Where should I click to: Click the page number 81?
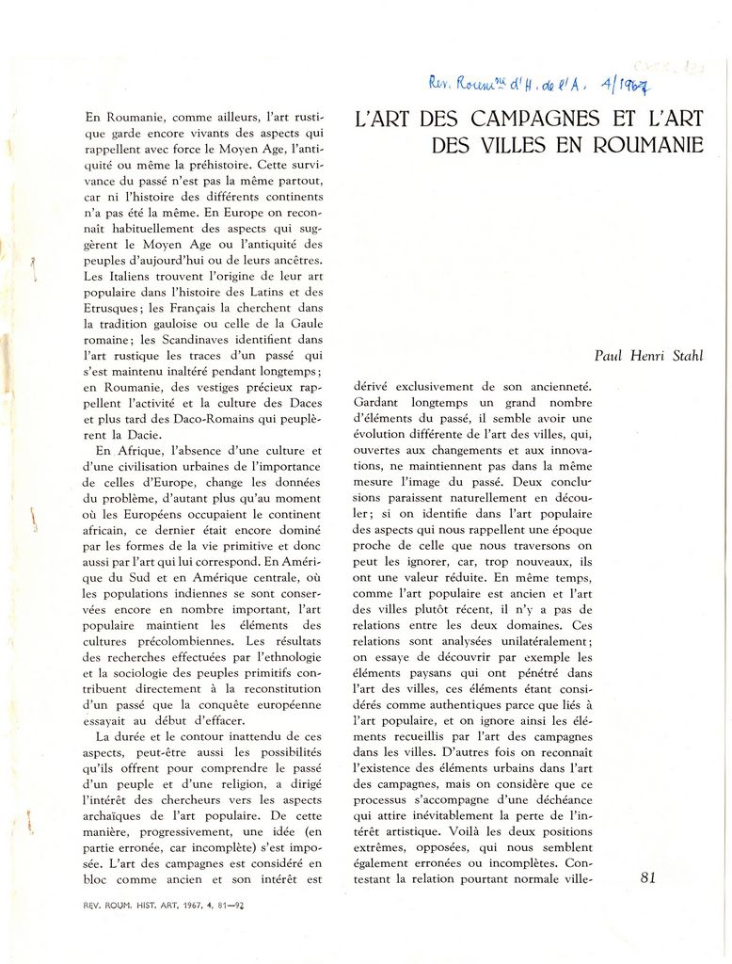click(x=647, y=877)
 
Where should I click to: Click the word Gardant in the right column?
click(x=375, y=402)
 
